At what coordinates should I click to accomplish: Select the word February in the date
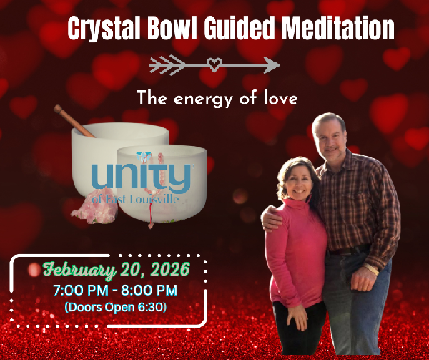(77, 270)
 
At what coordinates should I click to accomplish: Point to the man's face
(332, 136)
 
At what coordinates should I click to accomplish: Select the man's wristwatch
(370, 269)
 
